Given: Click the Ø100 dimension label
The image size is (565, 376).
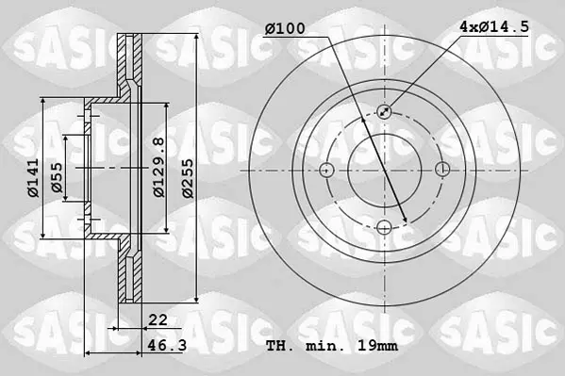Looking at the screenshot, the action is tap(285, 28).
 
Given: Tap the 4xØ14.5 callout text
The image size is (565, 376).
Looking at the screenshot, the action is tap(494, 26).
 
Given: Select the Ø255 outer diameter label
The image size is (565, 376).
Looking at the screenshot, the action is tap(188, 178).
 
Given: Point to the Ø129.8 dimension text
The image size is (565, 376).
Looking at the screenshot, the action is tap(158, 167).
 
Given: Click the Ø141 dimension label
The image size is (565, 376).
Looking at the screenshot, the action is tap(33, 178).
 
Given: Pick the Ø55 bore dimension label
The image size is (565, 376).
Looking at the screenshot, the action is tap(57, 177).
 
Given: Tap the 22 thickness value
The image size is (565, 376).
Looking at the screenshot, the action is tap(158, 319).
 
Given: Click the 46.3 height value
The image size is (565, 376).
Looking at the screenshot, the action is tap(167, 346).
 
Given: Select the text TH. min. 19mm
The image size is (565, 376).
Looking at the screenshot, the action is tap(332, 346).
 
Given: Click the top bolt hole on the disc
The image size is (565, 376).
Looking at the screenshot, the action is tap(385, 111).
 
